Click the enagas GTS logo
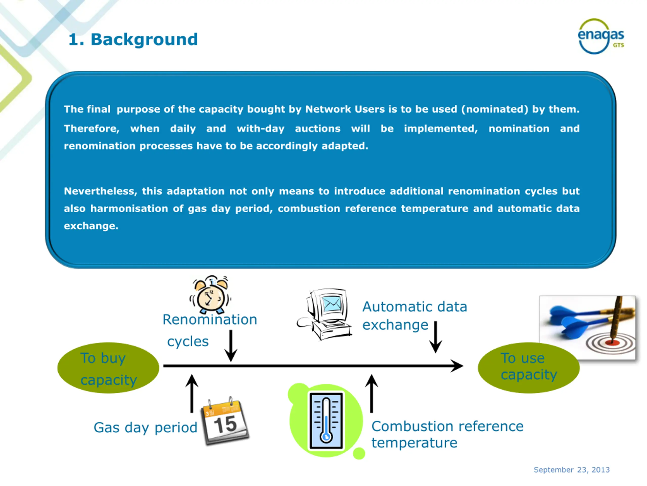(x=601, y=37)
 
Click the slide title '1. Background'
(x=133, y=39)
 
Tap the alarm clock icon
(x=210, y=294)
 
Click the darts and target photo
(x=587, y=328)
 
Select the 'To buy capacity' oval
(x=108, y=368)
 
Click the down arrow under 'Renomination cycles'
(x=231, y=346)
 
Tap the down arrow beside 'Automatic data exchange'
(x=435, y=337)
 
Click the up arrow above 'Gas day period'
(x=192, y=393)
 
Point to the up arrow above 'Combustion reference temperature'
(x=372, y=393)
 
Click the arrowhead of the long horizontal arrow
(x=457, y=366)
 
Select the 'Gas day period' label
(x=145, y=428)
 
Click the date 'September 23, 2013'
(x=571, y=470)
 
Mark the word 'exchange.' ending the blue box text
(x=91, y=226)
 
